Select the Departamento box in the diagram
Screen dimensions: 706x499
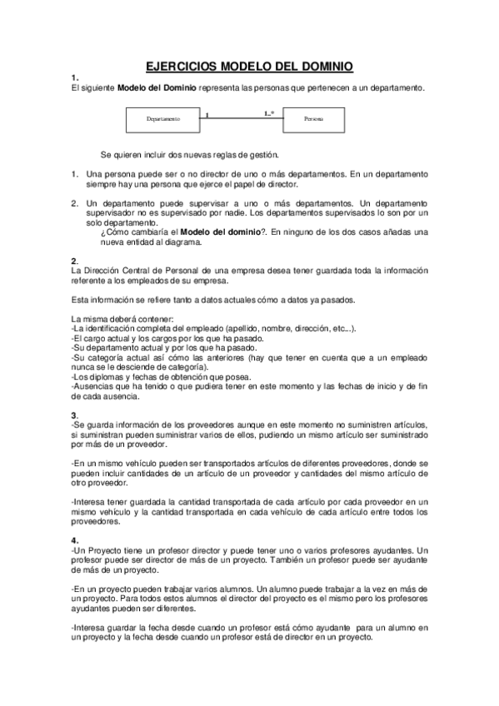[x=163, y=119]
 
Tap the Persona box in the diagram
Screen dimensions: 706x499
[x=313, y=119]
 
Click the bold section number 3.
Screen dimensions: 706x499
[x=75, y=415]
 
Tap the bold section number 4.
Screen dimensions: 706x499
[x=75, y=540]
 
